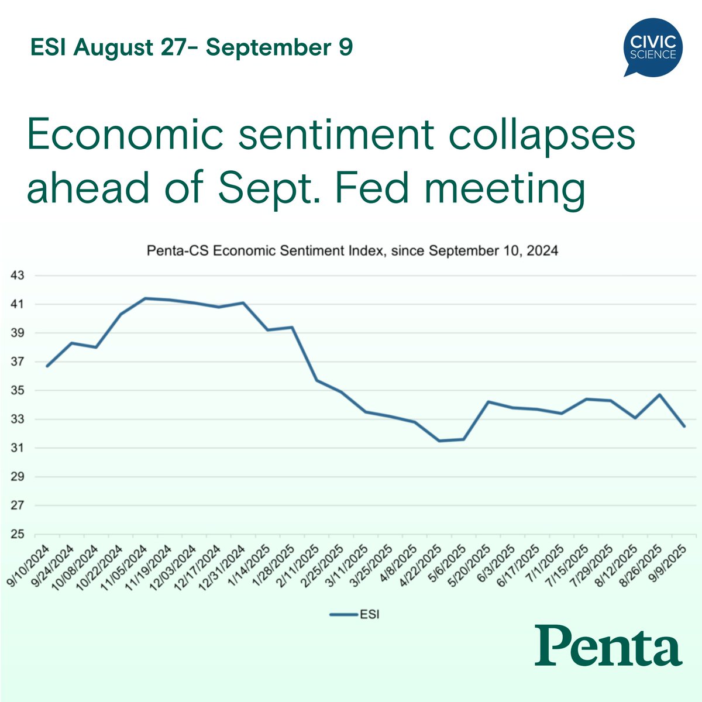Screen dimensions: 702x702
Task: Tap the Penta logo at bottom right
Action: click(608, 645)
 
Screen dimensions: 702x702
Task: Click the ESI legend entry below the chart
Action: click(355, 614)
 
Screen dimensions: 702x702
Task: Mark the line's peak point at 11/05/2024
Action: click(145, 298)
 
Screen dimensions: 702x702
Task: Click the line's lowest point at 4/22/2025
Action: click(439, 441)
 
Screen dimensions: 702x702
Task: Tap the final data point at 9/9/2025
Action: click(684, 426)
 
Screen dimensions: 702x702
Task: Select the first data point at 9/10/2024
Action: click(47, 366)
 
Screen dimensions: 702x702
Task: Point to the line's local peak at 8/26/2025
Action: click(659, 394)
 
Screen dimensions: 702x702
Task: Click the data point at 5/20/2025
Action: click(488, 402)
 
